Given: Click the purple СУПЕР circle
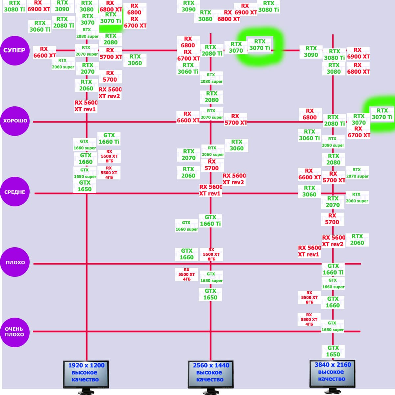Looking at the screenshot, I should [15, 50].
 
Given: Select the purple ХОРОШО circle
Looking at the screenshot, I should [15, 121].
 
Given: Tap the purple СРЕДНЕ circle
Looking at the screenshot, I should [15, 192].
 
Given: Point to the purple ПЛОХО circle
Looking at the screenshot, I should [15, 262].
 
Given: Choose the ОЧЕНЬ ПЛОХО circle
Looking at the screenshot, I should [15, 332].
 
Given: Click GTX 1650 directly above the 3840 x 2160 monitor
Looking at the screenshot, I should [333, 351].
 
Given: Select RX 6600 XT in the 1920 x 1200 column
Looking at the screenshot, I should [44, 52].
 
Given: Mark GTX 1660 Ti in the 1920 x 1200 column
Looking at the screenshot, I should [109, 139].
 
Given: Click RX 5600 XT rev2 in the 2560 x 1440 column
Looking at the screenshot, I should [234, 179].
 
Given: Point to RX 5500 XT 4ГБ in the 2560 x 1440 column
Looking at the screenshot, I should [187, 275].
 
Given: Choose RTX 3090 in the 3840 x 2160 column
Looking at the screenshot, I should [311, 52].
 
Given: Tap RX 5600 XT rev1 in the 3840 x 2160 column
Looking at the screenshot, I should [309, 251].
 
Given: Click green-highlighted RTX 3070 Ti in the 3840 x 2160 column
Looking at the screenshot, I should [382, 114].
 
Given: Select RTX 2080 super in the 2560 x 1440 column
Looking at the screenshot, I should [211, 78].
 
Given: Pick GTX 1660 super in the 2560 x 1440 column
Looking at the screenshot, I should [187, 226].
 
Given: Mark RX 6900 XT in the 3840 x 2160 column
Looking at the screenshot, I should [358, 53].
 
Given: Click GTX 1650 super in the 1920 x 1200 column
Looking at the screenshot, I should [85, 173].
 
